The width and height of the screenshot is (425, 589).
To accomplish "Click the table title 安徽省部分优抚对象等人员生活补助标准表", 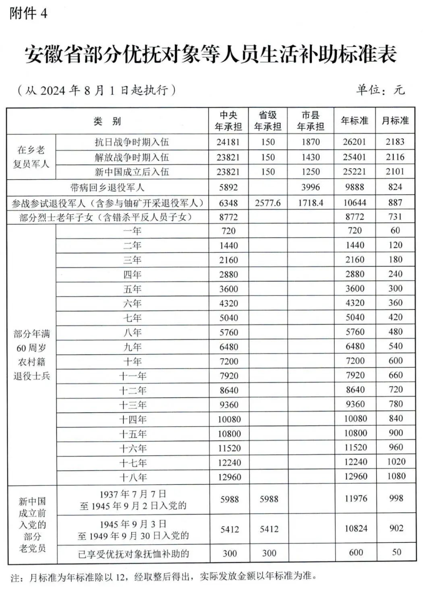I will pos(211,55).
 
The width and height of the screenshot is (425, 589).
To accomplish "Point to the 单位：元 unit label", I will pos(380,89).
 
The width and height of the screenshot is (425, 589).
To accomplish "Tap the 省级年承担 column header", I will pos(268,121).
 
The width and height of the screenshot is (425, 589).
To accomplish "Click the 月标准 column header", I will pos(395,121).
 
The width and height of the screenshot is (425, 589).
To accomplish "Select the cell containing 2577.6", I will pos(268,203).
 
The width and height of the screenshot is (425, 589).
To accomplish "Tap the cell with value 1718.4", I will pos(310,203).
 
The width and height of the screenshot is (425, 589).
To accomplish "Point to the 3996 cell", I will pos(310,187).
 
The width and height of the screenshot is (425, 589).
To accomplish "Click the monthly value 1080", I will pos(396,477).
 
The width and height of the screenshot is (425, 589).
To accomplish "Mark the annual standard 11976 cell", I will pos(354,499).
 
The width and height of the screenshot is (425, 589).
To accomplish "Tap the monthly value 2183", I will pos(396,142).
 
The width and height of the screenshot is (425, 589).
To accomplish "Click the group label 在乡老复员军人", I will pos(31,157).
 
